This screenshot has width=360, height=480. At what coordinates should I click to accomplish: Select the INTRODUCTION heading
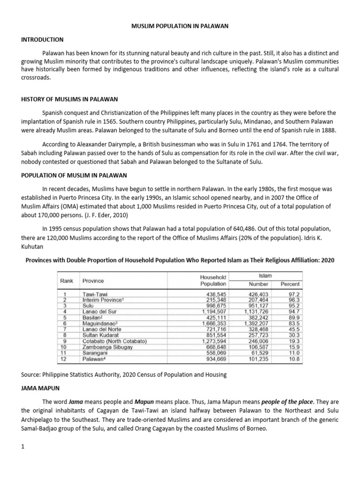(42, 39)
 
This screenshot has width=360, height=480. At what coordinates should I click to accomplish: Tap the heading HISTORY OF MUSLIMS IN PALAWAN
(69, 99)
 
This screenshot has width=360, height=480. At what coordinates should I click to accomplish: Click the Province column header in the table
(93, 281)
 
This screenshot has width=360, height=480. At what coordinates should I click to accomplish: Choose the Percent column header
(290, 284)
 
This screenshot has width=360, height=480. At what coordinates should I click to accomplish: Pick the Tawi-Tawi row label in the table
(95, 294)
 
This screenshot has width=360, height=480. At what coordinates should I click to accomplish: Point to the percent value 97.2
(294, 294)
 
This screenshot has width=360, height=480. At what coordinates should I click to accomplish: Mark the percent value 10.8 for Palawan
(294, 359)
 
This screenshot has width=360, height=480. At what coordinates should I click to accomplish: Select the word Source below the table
(32, 375)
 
